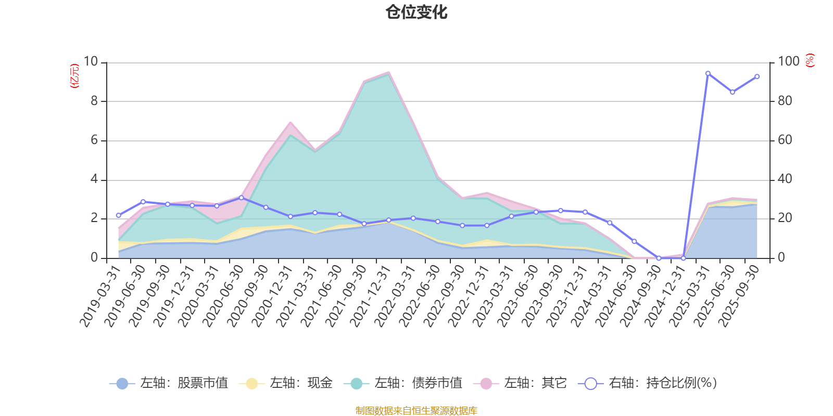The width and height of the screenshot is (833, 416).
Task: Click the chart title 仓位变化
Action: pos(416,12)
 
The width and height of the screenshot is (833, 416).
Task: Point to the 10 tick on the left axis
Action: pos(91,62)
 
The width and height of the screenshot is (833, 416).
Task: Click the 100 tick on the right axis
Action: pos(788,62)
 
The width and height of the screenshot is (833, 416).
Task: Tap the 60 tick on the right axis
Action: pos(785,140)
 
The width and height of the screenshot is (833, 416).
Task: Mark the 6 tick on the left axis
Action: pos(94,140)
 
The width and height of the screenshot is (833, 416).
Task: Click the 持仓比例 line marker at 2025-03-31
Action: pos(708,73)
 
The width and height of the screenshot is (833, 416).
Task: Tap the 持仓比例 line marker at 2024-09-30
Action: pos(659,258)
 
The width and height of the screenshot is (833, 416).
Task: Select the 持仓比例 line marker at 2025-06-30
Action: pos(733,92)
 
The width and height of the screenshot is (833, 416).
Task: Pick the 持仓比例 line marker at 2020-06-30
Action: pos(241,198)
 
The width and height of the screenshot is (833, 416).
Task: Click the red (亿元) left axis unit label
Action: pos(75,76)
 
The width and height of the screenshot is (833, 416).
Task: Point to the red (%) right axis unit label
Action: pos(810,60)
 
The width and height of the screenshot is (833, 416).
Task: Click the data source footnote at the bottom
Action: pos(416,411)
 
